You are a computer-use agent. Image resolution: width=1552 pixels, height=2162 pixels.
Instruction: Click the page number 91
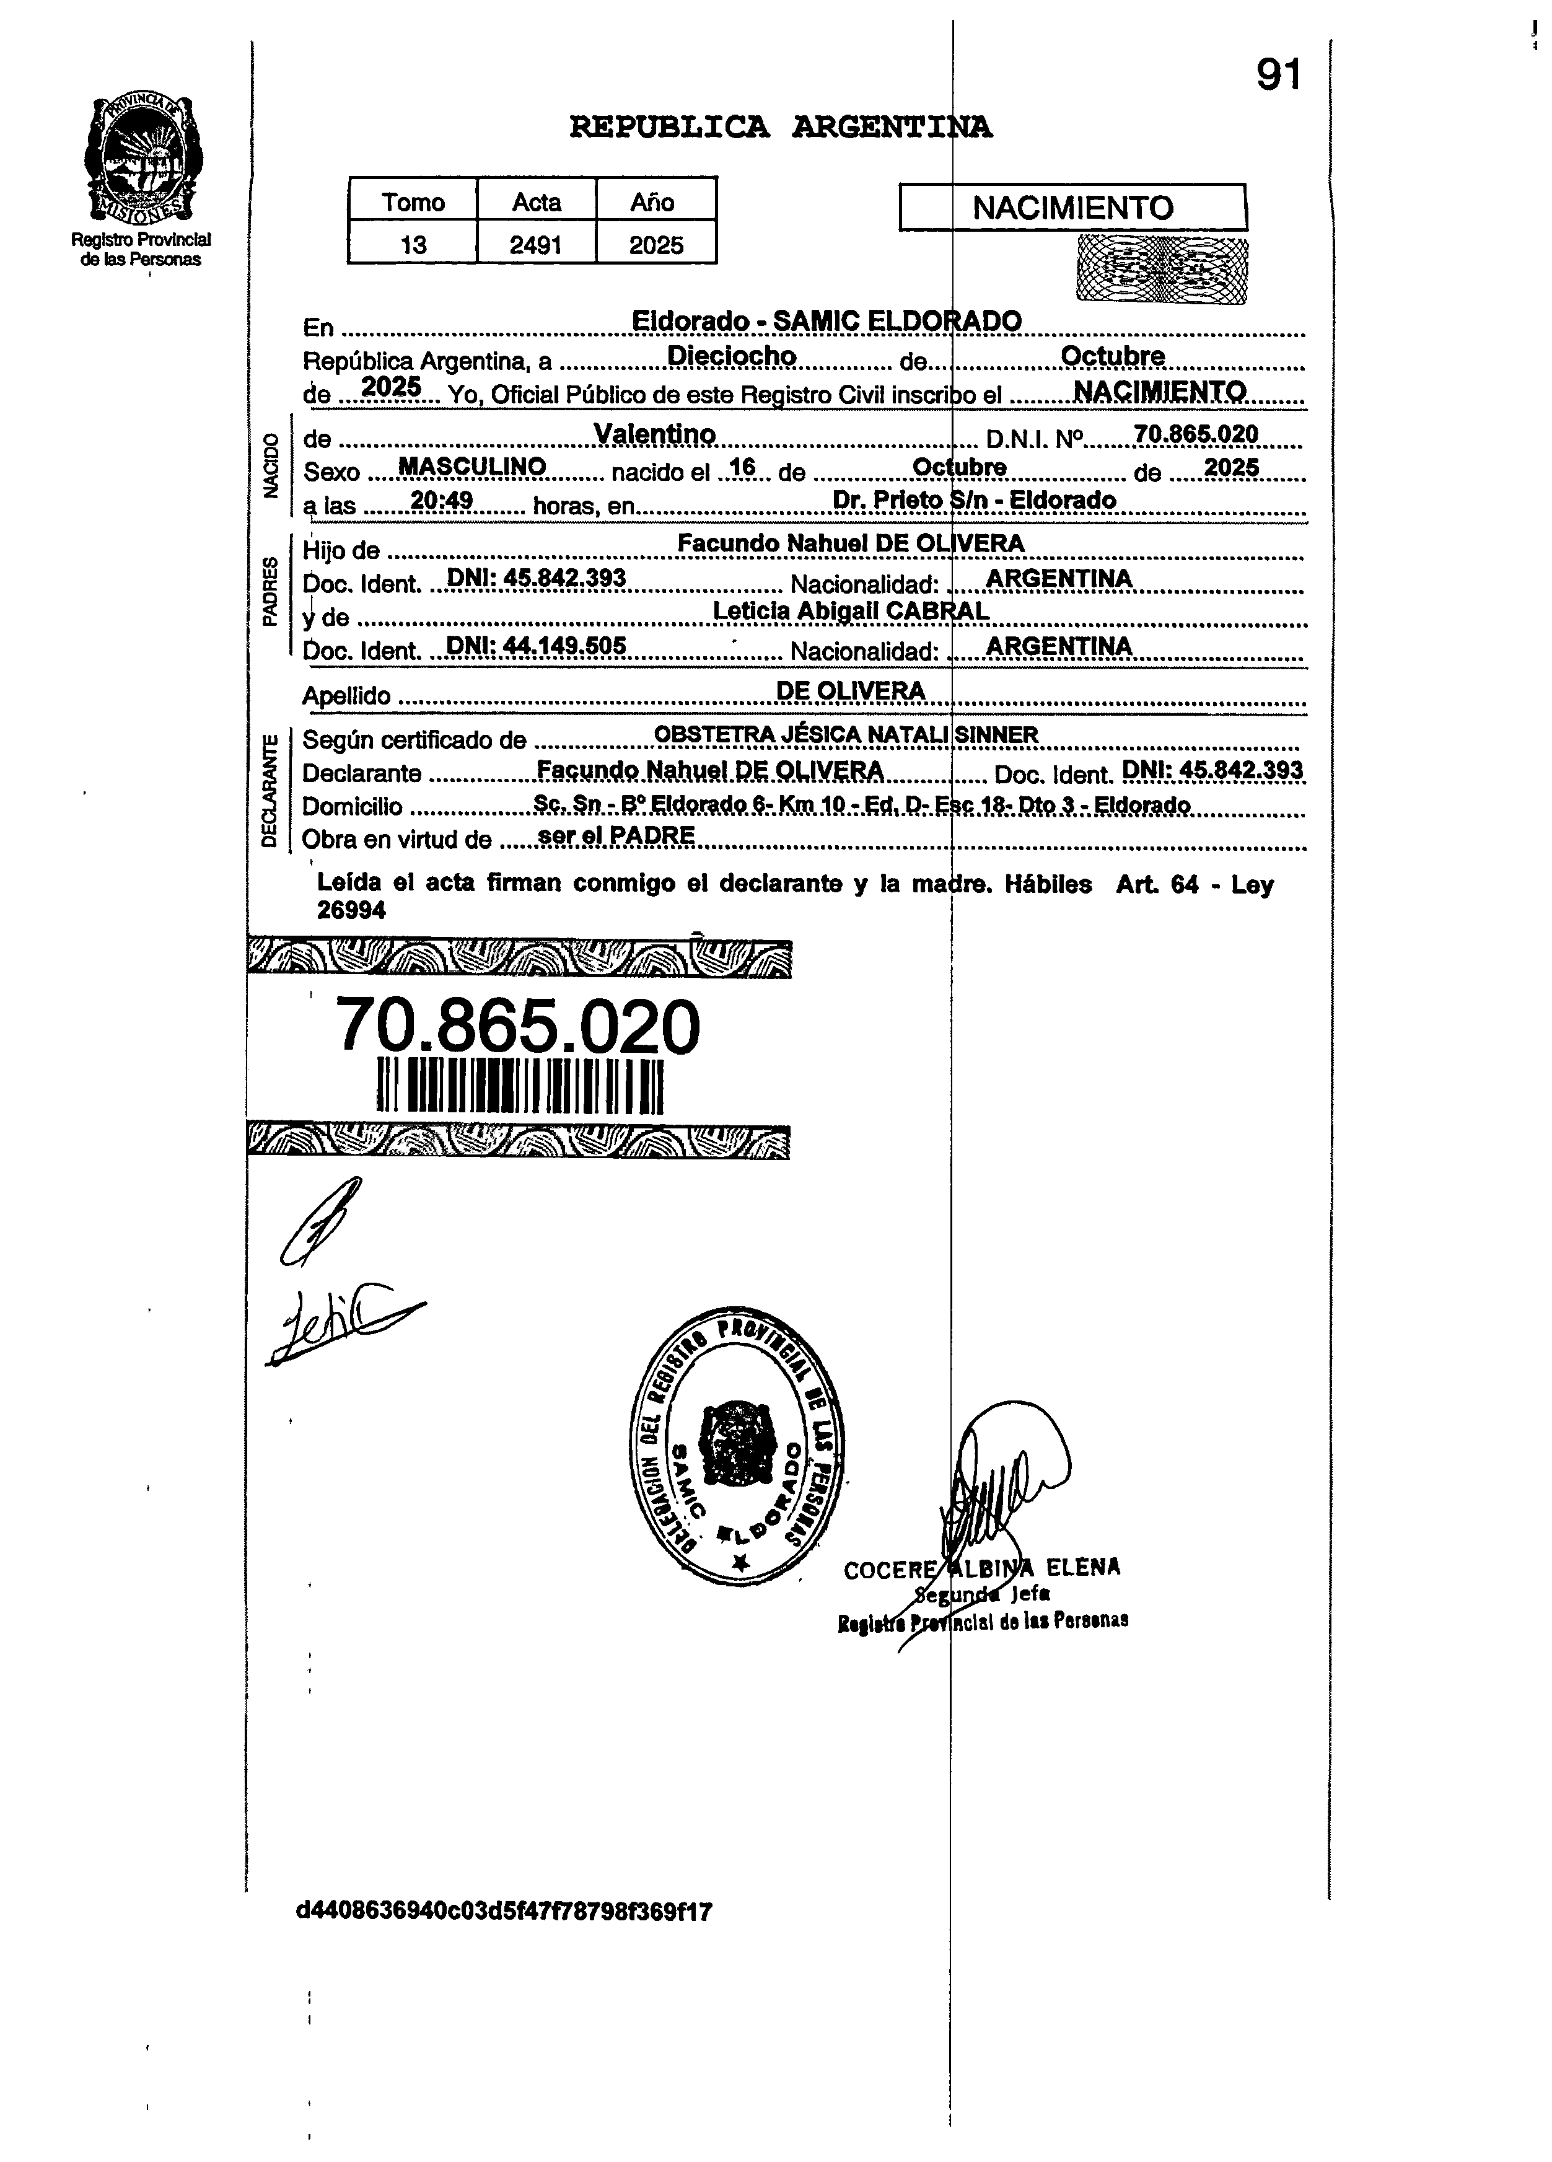(x=1278, y=74)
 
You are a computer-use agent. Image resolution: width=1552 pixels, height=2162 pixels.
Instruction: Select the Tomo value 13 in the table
(x=413, y=245)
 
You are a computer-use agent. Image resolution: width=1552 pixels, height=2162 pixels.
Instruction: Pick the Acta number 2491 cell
(x=536, y=245)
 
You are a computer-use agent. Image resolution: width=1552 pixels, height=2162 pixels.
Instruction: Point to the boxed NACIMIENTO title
(x=1072, y=208)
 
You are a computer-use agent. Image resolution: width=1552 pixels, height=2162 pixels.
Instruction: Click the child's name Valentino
(x=654, y=434)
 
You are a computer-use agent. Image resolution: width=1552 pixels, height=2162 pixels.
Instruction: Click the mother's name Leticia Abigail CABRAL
(x=851, y=611)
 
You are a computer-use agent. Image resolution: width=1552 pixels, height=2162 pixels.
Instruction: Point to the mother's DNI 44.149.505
(x=536, y=646)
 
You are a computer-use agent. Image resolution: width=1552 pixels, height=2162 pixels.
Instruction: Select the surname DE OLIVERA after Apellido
(x=851, y=691)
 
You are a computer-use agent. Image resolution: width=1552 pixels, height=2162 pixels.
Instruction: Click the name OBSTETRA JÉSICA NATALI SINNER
(x=846, y=735)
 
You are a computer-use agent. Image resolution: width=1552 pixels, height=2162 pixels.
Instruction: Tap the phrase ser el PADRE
(x=616, y=836)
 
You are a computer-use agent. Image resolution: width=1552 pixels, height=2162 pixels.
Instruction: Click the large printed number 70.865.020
(x=519, y=1027)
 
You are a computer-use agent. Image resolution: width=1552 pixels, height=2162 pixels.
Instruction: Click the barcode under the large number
(x=520, y=1085)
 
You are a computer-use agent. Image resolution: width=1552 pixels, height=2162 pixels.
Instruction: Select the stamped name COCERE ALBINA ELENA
(x=982, y=1568)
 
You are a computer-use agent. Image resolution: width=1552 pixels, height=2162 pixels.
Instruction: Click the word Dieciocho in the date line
(x=731, y=356)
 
